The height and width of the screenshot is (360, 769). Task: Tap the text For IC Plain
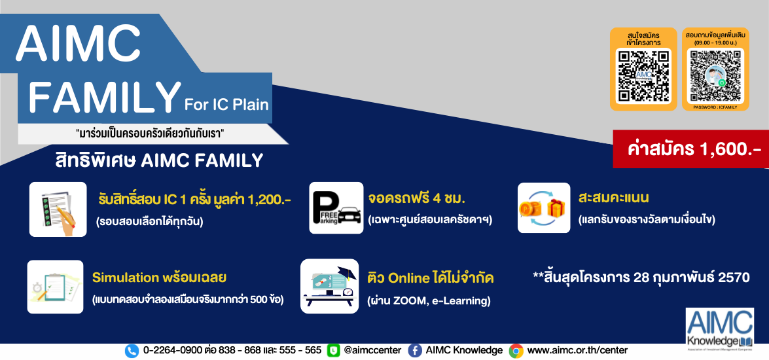click(x=226, y=104)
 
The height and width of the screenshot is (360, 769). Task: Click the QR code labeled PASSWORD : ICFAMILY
click(x=715, y=75)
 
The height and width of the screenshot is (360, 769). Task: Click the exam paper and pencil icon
click(x=58, y=209)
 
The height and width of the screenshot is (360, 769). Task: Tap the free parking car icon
click(x=336, y=207)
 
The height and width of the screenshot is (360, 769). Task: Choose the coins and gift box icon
click(x=544, y=207)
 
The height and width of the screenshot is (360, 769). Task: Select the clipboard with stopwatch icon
click(x=55, y=287)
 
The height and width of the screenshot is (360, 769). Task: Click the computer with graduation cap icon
click(x=330, y=286)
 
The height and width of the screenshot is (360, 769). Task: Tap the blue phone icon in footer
click(x=132, y=351)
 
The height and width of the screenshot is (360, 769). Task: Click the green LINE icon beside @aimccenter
click(x=334, y=351)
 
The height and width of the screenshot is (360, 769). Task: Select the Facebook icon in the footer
click(x=415, y=351)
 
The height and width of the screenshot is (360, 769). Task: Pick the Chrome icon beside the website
click(x=516, y=351)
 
